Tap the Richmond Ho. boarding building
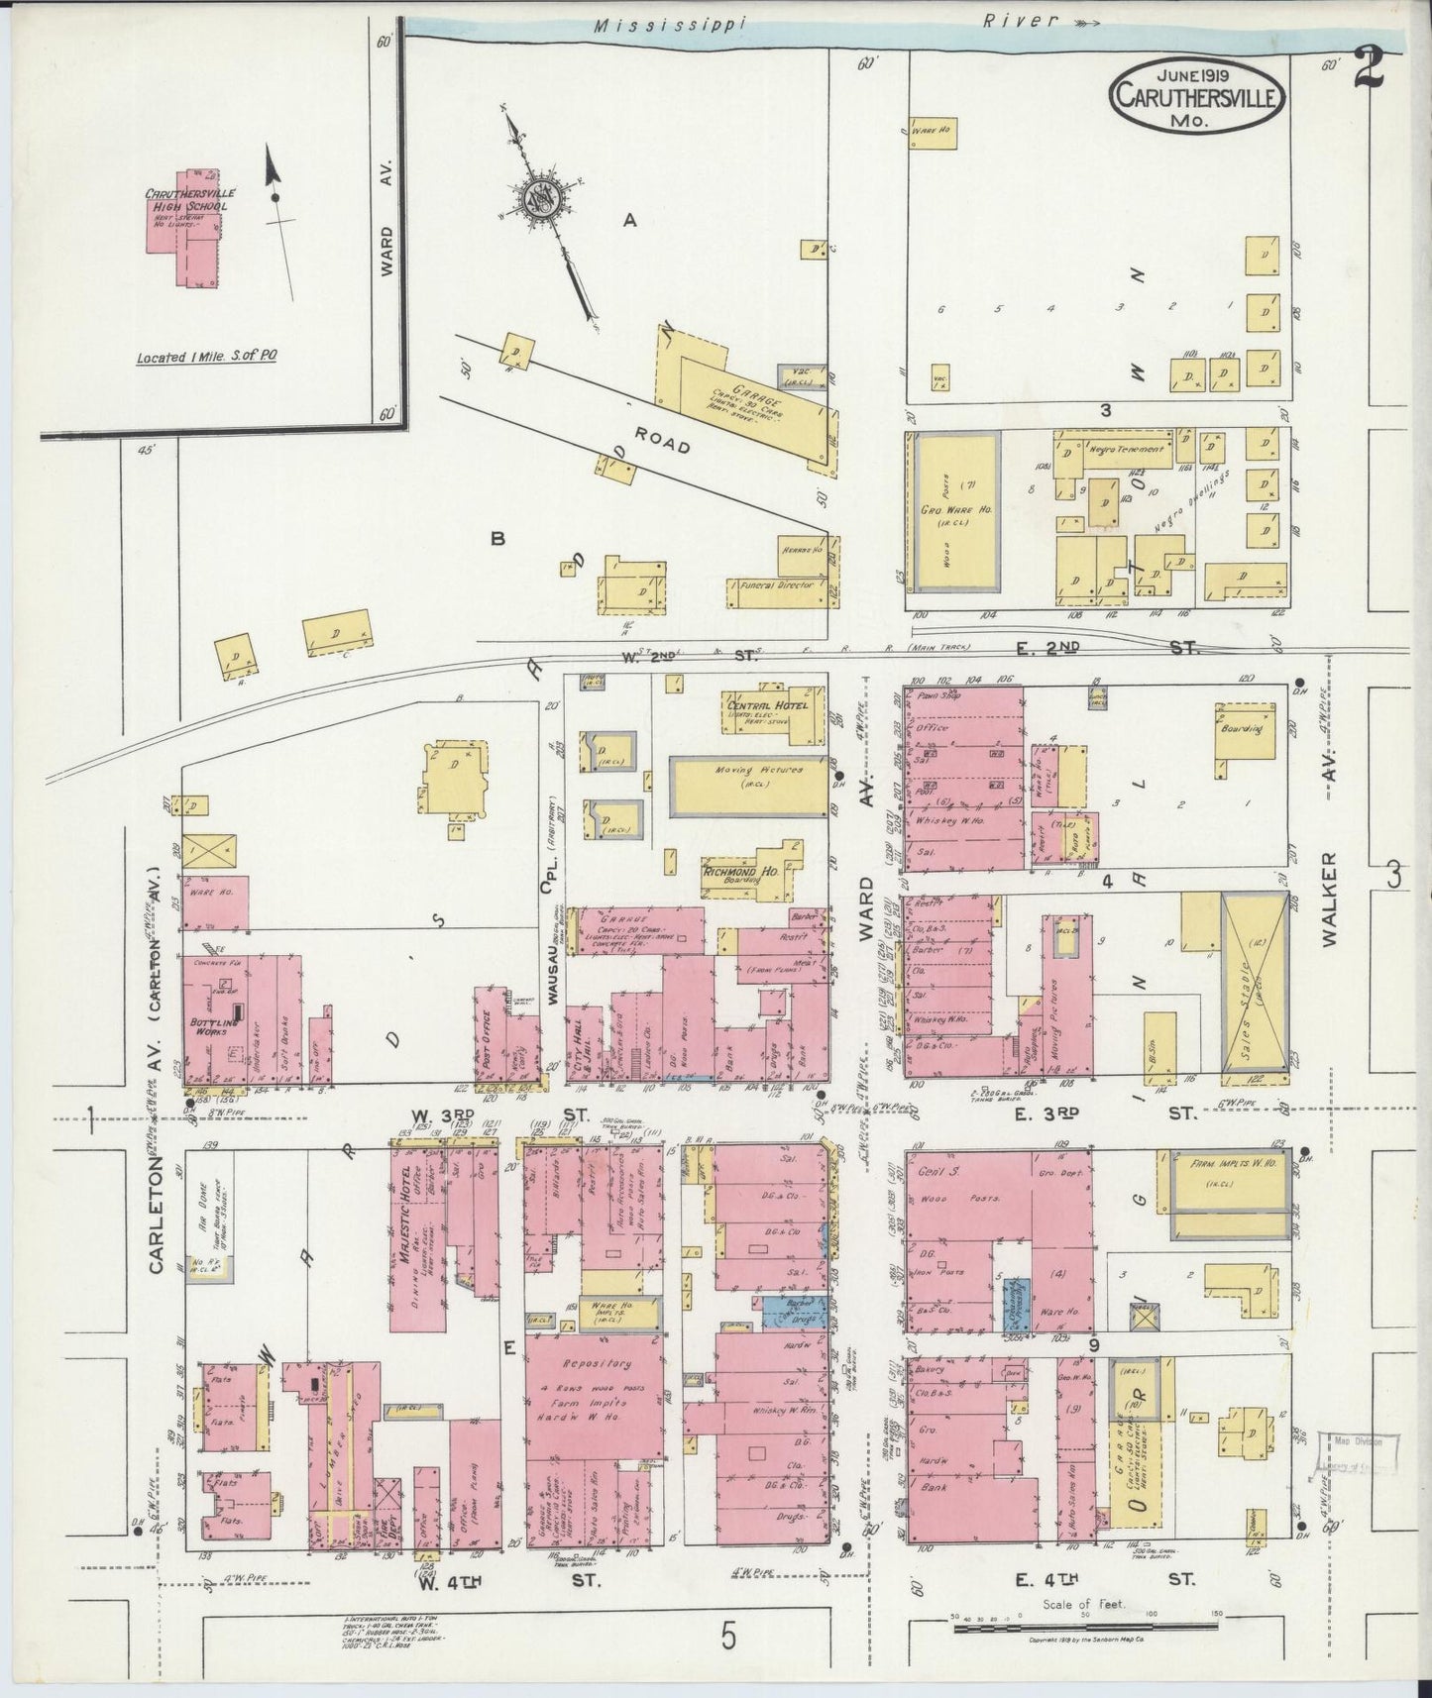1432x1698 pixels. pyautogui.click(x=753, y=877)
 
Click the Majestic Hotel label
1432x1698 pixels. pyautogui.click(x=405, y=1217)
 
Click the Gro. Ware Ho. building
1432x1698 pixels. pyautogui.click(x=955, y=512)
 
